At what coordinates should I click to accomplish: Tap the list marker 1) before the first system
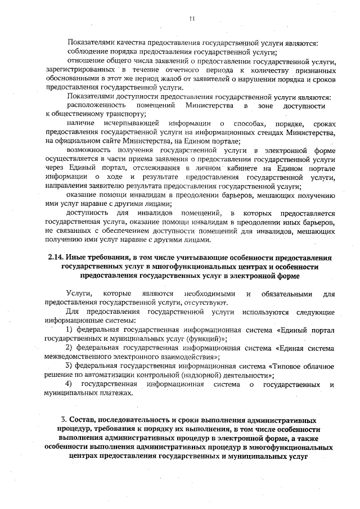point(70,329)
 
